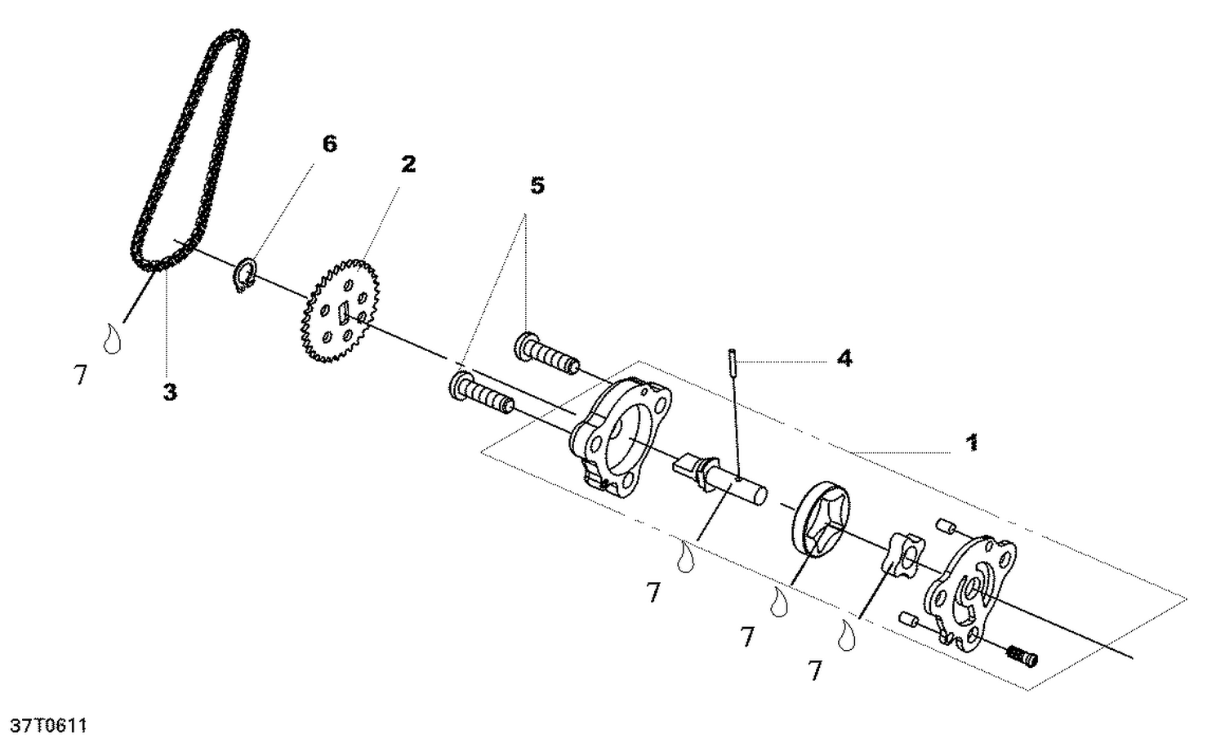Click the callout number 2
(408, 164)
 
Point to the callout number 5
(537, 186)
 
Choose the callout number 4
(844, 358)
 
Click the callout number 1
(972, 443)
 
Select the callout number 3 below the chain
(169, 392)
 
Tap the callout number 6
(329, 145)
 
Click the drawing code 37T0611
(48, 725)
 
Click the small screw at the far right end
(1021, 655)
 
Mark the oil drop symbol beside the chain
(112, 338)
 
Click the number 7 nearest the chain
(80, 376)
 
